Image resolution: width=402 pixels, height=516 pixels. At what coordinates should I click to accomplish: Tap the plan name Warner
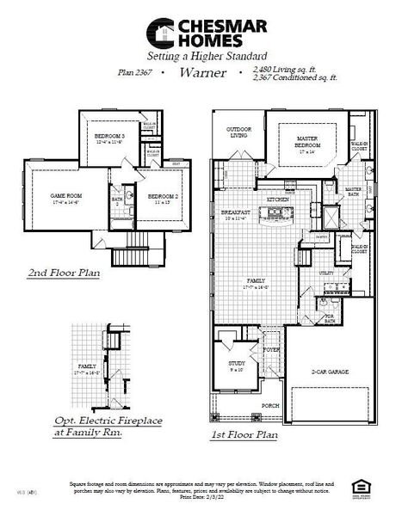pyautogui.click(x=202, y=73)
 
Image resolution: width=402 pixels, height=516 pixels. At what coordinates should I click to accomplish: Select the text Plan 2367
pyautogui.click(x=135, y=73)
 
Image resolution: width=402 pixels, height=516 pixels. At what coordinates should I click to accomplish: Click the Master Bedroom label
pyautogui.click(x=308, y=141)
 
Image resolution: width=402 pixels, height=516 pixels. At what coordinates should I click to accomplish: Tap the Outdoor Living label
pyautogui.click(x=238, y=132)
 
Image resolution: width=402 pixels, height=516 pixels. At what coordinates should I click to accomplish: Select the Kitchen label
pyautogui.click(x=277, y=199)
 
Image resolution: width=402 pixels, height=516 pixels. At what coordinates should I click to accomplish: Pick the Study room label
pyautogui.click(x=237, y=365)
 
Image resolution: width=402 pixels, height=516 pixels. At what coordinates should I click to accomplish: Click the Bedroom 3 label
pyautogui.click(x=109, y=139)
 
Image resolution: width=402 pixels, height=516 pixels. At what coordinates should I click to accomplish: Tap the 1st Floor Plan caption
pyautogui.click(x=244, y=435)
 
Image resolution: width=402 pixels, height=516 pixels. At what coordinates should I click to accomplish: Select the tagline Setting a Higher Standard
pyautogui.click(x=201, y=55)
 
